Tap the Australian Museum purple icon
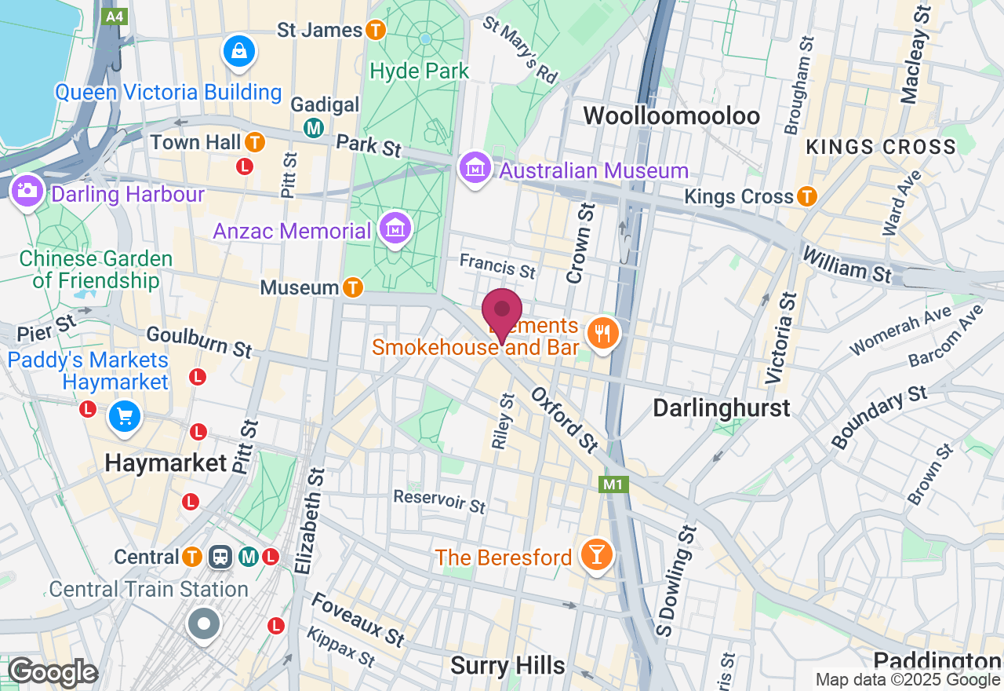pyautogui.click(x=475, y=168)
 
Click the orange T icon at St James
pyautogui.click(x=376, y=30)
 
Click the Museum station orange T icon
pyautogui.click(x=353, y=287)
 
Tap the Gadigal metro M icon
pyautogui.click(x=315, y=127)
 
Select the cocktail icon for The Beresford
pyautogui.click(x=595, y=555)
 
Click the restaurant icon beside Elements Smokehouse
pyautogui.click(x=602, y=334)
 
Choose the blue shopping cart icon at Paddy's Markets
pyautogui.click(x=125, y=416)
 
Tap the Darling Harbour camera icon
pyautogui.click(x=27, y=191)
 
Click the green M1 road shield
pyautogui.click(x=613, y=484)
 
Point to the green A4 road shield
pyautogui.click(x=115, y=16)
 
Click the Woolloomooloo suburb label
pyautogui.click(x=671, y=116)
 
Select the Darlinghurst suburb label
pyautogui.click(x=722, y=408)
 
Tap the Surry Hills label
pyautogui.click(x=507, y=666)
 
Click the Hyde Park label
pyautogui.click(x=420, y=71)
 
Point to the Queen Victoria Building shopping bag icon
pyautogui.click(x=238, y=51)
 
